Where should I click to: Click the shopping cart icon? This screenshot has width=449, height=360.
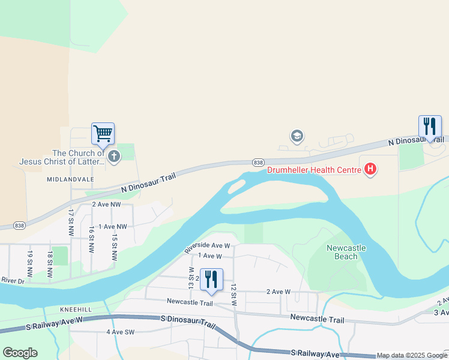coord(103,133)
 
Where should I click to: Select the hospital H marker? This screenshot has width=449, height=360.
coord(370,170)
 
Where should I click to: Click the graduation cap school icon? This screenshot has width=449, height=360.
coord(297,136)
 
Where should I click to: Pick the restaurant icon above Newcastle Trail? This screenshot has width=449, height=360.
coord(211,280)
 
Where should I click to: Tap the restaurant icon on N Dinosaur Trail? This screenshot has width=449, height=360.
coord(429,127)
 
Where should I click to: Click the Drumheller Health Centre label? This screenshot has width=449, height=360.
coord(313,170)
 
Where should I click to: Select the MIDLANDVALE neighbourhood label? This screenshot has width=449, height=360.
coord(68,179)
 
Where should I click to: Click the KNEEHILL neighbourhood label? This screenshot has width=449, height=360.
coord(75,309)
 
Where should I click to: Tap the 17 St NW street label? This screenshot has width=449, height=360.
coord(71,222)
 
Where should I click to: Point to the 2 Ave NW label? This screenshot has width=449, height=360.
coord(106,205)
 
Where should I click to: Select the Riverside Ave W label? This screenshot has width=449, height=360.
coord(207,245)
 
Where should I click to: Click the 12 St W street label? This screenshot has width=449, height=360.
coord(234,295)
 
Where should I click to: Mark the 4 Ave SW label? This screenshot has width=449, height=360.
coord(120,332)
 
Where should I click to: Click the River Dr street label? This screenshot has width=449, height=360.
coord(13,280)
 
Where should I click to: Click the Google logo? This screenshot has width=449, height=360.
coord(20,353)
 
